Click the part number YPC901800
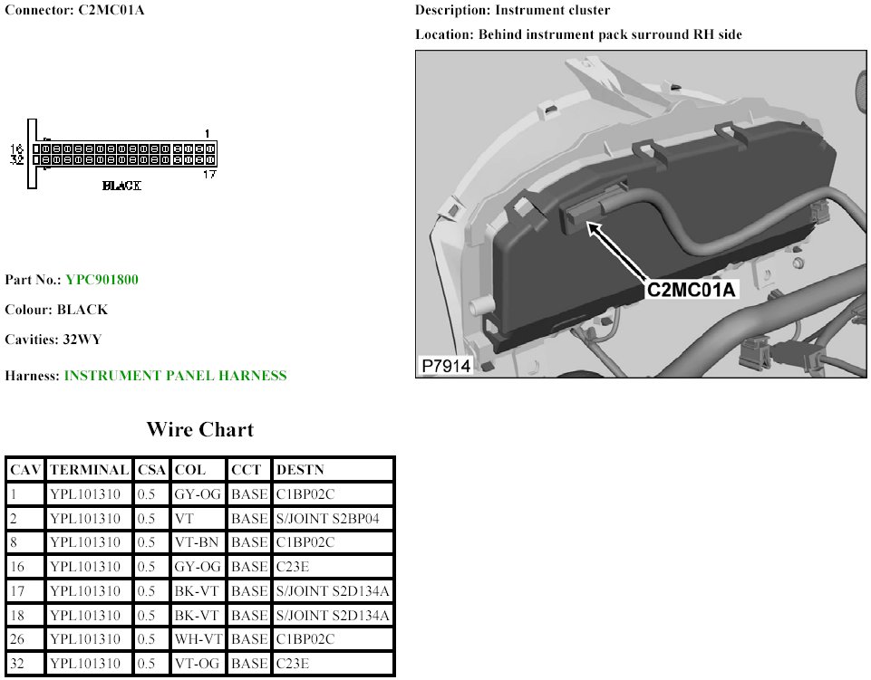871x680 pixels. (x=102, y=279)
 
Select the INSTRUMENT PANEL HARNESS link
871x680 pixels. (x=176, y=376)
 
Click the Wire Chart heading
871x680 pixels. (x=200, y=430)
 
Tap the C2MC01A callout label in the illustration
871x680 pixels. (x=691, y=289)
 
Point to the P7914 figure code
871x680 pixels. (x=446, y=366)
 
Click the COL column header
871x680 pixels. (x=189, y=470)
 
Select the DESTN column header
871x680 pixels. (x=300, y=470)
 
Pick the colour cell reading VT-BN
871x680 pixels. (x=197, y=542)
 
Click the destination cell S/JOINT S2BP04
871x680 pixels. (x=328, y=519)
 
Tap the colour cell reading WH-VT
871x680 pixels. (x=198, y=639)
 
